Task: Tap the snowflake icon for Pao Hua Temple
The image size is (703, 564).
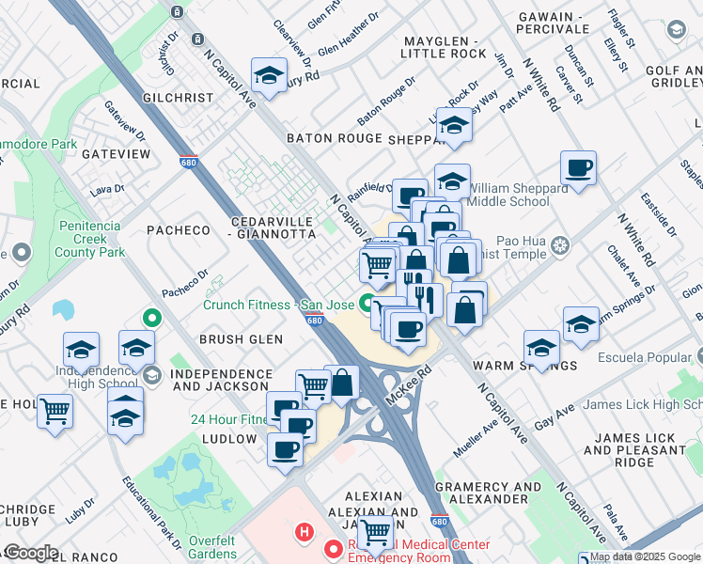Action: pos(560,246)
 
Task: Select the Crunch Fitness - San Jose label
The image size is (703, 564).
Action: pos(279,305)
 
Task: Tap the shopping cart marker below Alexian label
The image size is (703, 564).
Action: pos(376,532)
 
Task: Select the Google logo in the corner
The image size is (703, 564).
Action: pos(31,553)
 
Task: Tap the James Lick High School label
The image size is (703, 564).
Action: pos(642,405)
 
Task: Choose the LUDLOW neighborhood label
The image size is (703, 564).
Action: pos(227,439)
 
